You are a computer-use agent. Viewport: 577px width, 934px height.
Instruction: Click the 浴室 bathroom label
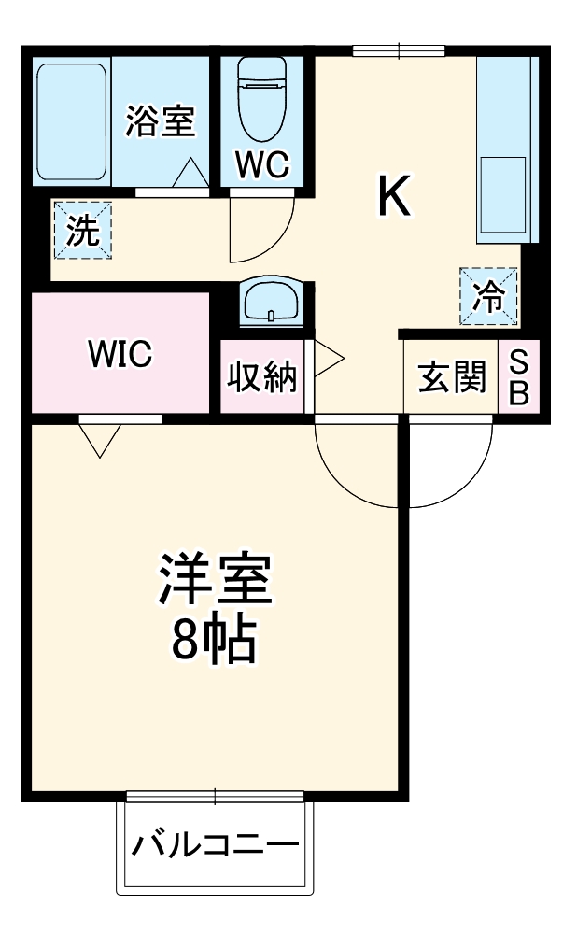[162, 122]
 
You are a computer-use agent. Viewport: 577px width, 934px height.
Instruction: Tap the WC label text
[262, 164]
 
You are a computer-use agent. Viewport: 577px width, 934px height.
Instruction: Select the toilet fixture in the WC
[260, 99]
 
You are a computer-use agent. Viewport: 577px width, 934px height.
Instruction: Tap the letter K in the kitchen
[393, 195]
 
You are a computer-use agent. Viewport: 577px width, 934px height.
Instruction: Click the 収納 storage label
[263, 377]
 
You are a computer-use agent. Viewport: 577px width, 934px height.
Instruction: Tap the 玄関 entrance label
[452, 378]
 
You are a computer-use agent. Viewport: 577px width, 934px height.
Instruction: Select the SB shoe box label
[519, 378]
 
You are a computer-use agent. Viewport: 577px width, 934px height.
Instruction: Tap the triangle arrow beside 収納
[328, 358]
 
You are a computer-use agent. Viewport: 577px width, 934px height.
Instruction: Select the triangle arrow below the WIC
[100, 440]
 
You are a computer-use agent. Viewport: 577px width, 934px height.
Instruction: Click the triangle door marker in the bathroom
[193, 173]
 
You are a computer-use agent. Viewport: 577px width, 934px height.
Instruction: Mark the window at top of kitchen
[399, 50]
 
